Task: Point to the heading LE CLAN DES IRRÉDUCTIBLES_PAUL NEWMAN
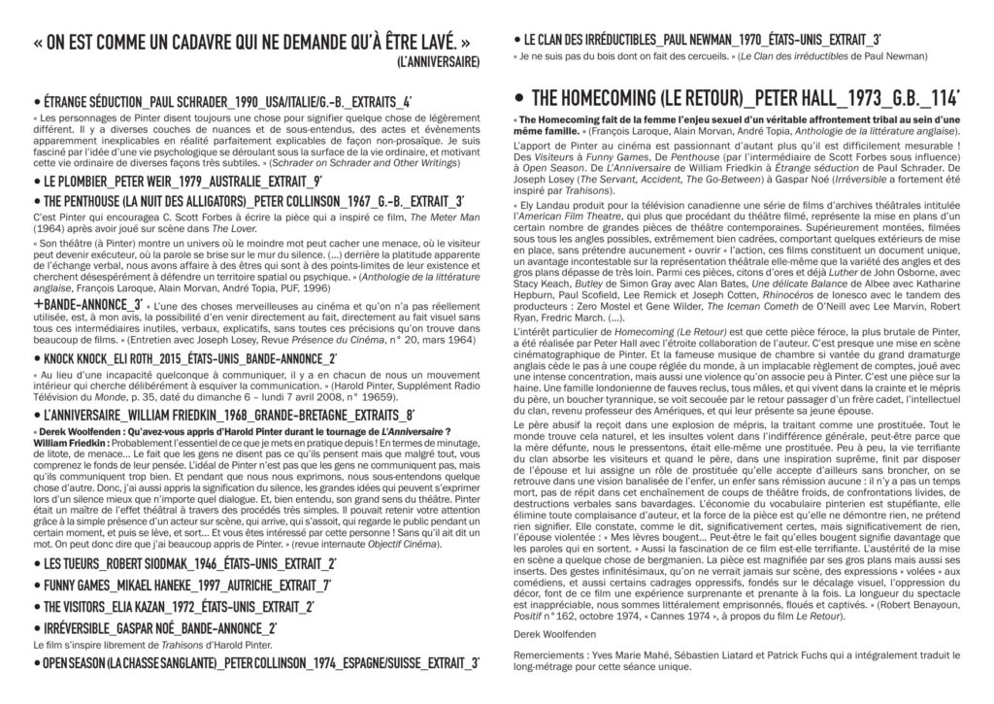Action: [x=705, y=39]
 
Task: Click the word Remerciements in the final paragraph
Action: [x=547, y=657]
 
